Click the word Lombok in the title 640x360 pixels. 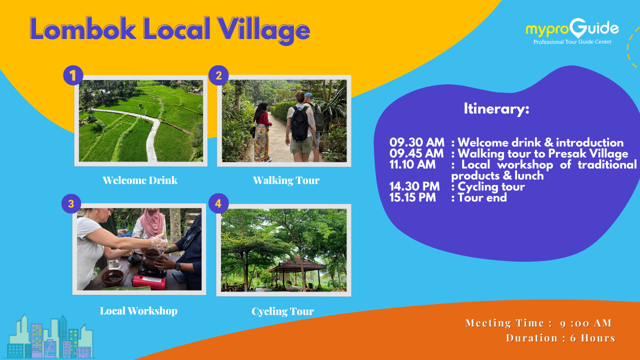coord(83,28)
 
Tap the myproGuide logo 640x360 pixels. coord(572,31)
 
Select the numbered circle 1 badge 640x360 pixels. coord(73,75)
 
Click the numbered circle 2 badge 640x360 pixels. coord(218,75)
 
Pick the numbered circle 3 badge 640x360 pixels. coord(71,203)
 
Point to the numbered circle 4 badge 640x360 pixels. coord(218,203)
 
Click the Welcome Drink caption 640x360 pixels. coord(140,180)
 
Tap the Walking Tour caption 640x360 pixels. coord(286,180)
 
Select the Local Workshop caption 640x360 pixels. coord(139,311)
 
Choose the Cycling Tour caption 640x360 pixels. coord(283,311)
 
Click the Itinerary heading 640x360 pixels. coord(496,109)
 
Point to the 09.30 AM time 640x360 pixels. coord(417,142)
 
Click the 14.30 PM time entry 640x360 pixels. coord(414,186)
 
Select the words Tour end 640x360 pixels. coord(482,197)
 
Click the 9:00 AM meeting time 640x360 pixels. coord(585,323)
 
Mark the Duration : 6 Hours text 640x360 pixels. coord(560,338)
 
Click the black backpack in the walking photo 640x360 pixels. coord(300,123)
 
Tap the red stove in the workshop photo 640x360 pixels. coord(149,281)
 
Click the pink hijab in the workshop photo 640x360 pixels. coord(152,222)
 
